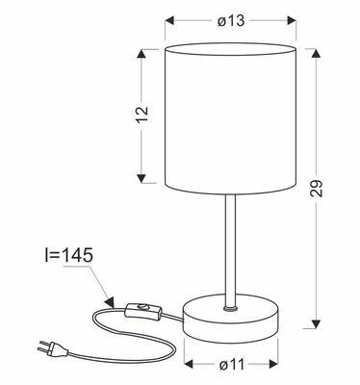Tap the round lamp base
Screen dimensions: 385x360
click(x=229, y=321)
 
